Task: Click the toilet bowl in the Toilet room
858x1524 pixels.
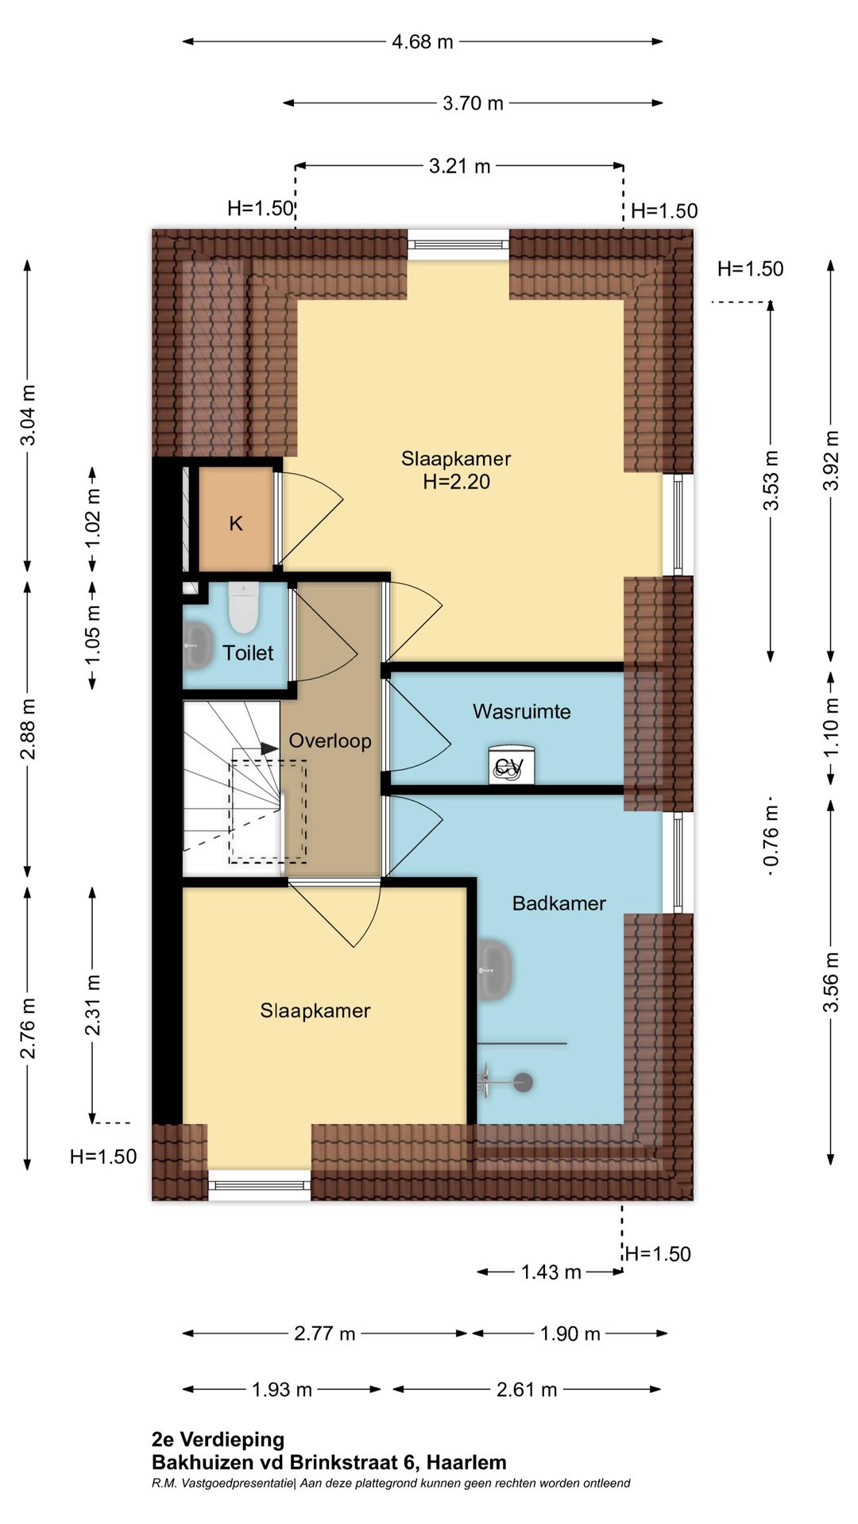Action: click(243, 607)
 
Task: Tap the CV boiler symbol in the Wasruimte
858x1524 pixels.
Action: click(511, 765)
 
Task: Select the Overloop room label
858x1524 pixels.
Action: click(330, 741)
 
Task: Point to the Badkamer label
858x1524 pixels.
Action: click(558, 903)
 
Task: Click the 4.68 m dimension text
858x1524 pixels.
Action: click(423, 41)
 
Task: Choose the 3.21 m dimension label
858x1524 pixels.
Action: click(460, 166)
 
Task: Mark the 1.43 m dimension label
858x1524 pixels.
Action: click(551, 1272)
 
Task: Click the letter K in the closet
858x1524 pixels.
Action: click(236, 523)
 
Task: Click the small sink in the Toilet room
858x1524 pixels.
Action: click(198, 645)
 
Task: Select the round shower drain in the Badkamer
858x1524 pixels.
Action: click(523, 1082)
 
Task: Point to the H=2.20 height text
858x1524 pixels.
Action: click(456, 482)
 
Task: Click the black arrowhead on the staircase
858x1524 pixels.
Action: click(269, 749)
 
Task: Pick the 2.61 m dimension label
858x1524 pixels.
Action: click(527, 1390)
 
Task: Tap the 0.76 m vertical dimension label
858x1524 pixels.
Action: click(771, 836)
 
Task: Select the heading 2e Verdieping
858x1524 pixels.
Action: click(218, 1440)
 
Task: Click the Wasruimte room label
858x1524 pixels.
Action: click(521, 711)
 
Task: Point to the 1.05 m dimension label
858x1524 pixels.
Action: click(93, 635)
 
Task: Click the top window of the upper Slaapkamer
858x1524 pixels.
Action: click(458, 244)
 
